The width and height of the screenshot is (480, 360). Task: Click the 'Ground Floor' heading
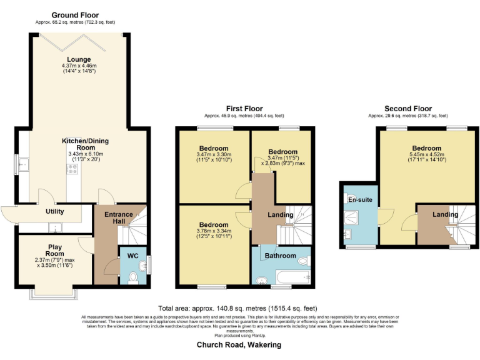75,15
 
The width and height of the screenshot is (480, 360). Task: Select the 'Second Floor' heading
407,109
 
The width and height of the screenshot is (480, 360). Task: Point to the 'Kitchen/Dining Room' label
79,142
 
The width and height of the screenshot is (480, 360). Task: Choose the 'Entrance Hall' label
118,219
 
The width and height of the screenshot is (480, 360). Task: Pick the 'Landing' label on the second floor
446,215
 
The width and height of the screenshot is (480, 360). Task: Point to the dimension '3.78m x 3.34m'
213,231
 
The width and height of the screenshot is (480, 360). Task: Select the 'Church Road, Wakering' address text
239,344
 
